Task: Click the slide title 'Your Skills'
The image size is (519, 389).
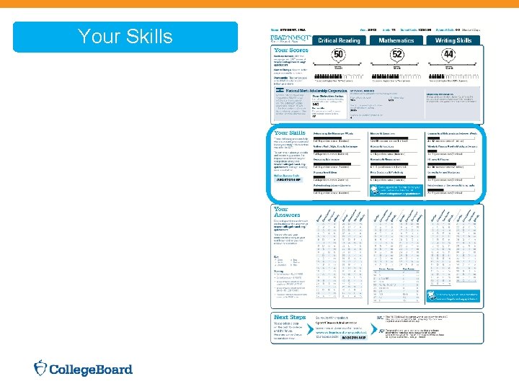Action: pyautogui.click(x=125, y=37)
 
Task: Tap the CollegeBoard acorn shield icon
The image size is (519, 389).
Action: pyautogui.click(x=42, y=369)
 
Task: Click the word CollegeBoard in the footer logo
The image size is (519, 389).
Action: pyautogui.click(x=91, y=370)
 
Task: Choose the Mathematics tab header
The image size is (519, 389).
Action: pyautogui.click(x=396, y=41)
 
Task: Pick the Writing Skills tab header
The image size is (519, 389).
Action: pyautogui.click(x=454, y=41)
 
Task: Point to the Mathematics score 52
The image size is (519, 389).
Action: pyautogui.click(x=396, y=55)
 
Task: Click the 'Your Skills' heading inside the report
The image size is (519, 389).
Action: pyautogui.click(x=288, y=134)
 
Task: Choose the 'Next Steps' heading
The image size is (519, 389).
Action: pyautogui.click(x=290, y=318)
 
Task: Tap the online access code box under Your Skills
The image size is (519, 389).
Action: pyautogui.click(x=289, y=179)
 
